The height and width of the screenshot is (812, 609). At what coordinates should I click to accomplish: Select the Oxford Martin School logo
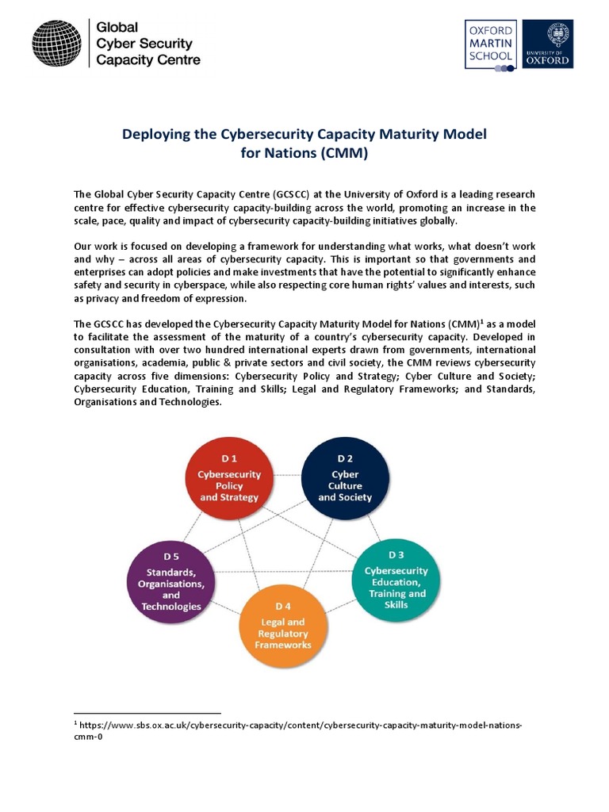point(490,46)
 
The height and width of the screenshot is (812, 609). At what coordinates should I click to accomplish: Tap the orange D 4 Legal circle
point(283,627)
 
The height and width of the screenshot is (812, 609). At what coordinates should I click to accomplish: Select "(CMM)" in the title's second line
point(343,153)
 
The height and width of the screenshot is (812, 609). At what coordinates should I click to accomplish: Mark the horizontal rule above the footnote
point(147,713)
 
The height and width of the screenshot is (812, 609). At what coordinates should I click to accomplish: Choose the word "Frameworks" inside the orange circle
point(283,645)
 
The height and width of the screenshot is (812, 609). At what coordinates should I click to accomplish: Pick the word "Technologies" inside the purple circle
point(171,607)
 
